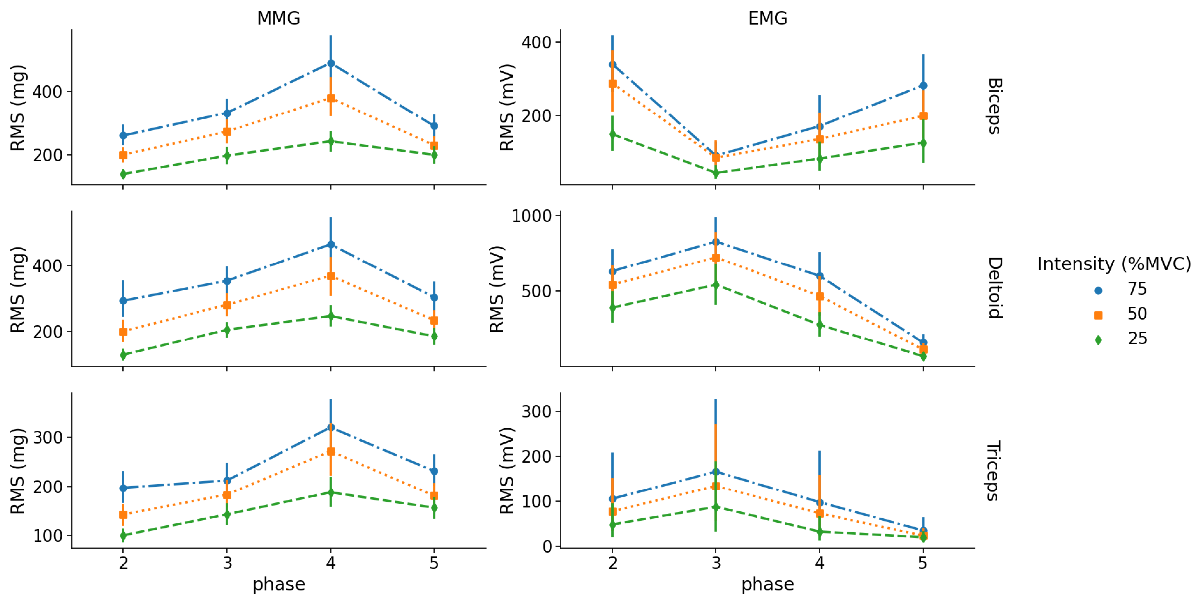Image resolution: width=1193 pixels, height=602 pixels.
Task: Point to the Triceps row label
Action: (x=994, y=471)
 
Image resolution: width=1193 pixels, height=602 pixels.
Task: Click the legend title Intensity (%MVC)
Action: (x=1113, y=264)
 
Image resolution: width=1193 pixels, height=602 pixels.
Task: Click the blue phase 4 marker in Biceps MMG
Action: (x=331, y=63)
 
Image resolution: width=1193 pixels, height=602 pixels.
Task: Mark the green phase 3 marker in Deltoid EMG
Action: (x=716, y=285)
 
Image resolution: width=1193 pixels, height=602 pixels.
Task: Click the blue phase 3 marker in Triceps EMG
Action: (x=716, y=472)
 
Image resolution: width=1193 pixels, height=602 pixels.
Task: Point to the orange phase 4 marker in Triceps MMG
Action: (x=331, y=451)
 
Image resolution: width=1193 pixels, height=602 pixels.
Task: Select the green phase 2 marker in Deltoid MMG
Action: (x=123, y=355)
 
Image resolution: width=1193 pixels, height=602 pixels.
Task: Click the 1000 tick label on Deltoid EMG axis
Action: (x=532, y=216)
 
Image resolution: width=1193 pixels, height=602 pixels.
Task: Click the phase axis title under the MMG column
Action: (x=278, y=584)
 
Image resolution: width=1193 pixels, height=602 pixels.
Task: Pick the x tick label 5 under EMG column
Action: (x=922, y=563)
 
